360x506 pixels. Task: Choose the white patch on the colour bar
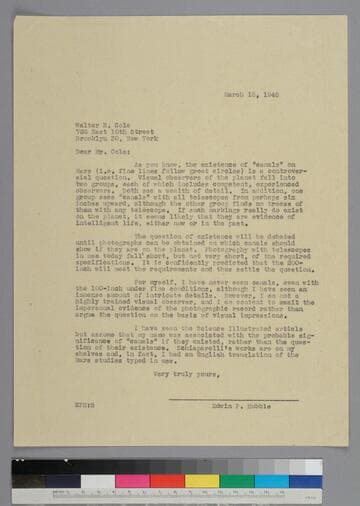pyautogui.click(x=98, y=481)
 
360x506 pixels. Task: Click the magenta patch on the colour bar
pyautogui.click(x=133, y=481)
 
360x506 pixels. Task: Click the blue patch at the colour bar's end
pyautogui.click(x=306, y=481)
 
